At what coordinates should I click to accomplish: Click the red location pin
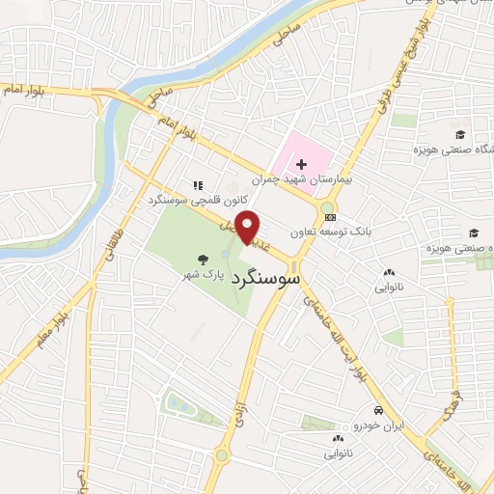tap(249, 227)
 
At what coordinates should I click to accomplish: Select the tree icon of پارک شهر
tap(203, 259)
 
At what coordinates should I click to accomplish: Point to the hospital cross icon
tap(302, 164)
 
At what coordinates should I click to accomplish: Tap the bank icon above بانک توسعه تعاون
tap(331, 216)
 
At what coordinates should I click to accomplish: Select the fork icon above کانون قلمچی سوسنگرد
tap(198, 185)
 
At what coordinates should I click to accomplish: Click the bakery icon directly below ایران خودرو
tap(338, 437)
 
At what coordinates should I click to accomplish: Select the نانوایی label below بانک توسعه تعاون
tap(389, 288)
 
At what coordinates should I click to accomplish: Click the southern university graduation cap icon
tap(473, 233)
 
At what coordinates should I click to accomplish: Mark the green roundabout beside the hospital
tap(328, 206)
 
